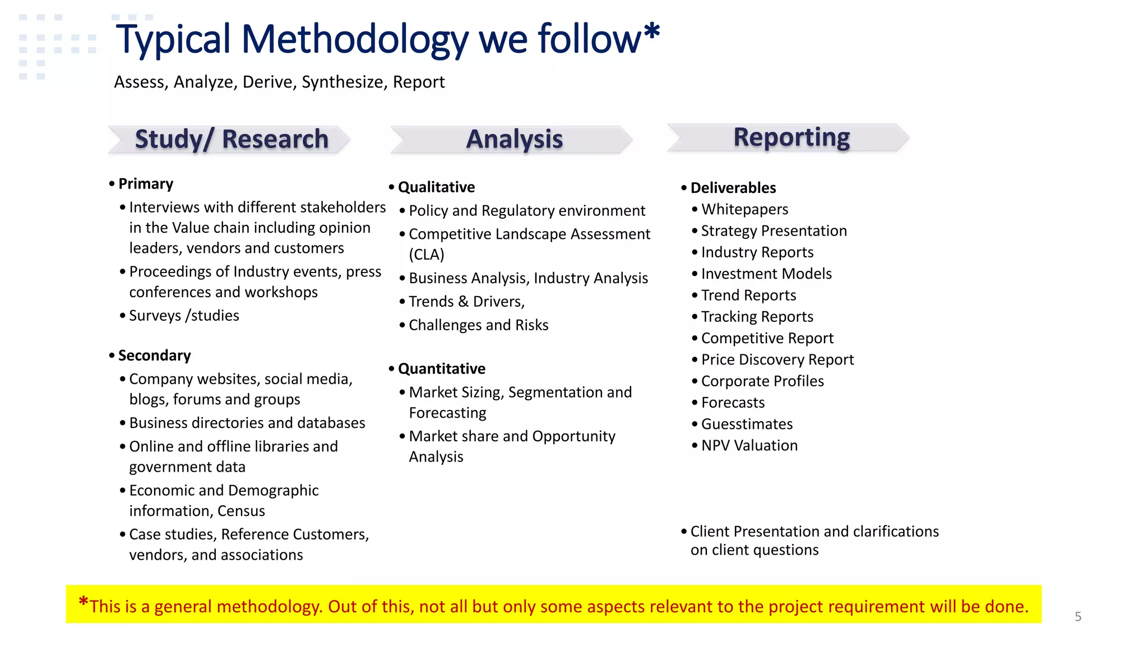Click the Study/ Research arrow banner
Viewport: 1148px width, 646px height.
[x=230, y=140]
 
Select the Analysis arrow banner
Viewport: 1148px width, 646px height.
[x=512, y=140]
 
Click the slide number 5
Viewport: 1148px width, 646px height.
[x=1077, y=617]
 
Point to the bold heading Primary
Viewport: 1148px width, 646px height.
[x=146, y=184]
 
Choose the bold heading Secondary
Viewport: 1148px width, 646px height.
[x=154, y=356]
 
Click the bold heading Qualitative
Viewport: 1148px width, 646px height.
[x=436, y=187]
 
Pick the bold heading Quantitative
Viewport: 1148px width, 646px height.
[x=442, y=369]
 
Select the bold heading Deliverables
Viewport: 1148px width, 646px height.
[x=733, y=188]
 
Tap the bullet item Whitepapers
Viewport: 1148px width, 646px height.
[x=744, y=210]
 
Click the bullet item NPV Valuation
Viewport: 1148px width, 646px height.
[x=749, y=446]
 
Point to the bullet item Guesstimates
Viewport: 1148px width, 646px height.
[x=747, y=424]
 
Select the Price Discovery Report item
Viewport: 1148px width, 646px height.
[x=777, y=360]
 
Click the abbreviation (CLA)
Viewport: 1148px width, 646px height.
[x=427, y=255]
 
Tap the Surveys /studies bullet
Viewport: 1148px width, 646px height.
[x=184, y=316]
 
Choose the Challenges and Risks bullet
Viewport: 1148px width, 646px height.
[x=478, y=325]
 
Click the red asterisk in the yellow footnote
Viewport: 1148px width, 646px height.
[x=84, y=603]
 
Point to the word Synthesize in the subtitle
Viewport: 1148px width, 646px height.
[x=342, y=82]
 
